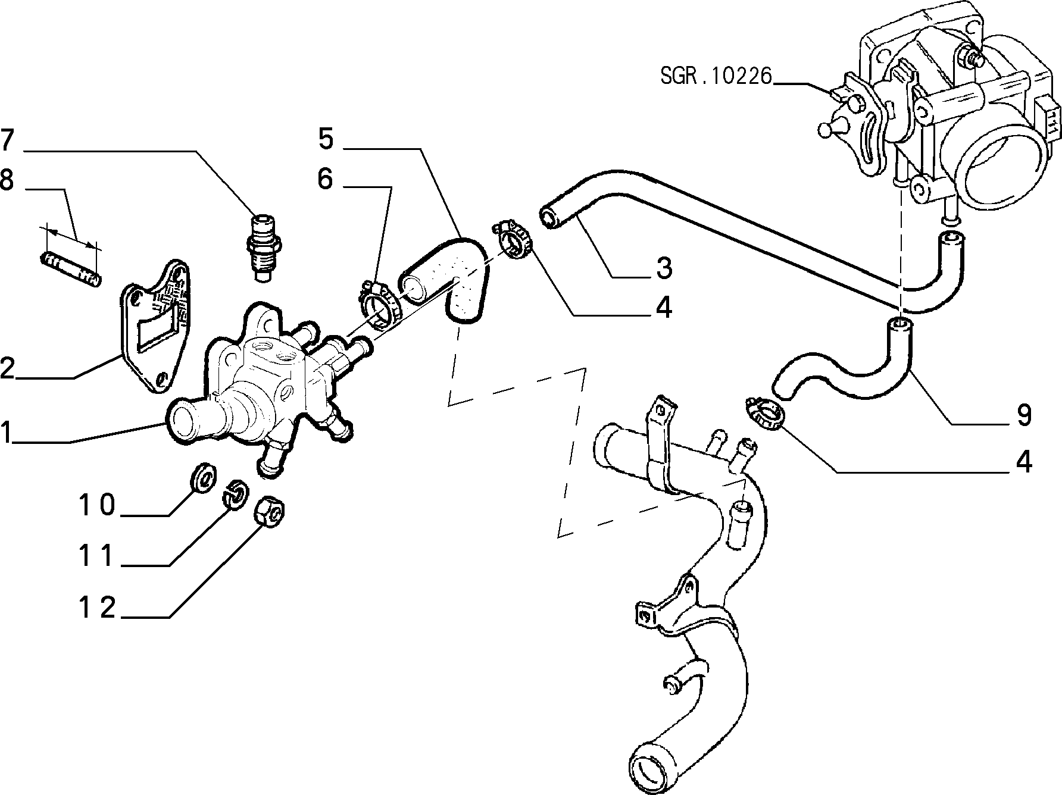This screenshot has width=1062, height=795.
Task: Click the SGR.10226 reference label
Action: click(x=716, y=76)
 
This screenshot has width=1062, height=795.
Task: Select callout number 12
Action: click(x=98, y=608)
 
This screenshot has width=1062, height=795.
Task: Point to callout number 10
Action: click(x=98, y=505)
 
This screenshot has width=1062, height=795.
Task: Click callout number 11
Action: click(x=98, y=556)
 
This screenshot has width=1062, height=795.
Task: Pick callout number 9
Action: click(x=1024, y=415)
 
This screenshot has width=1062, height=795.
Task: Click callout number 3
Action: click(x=664, y=268)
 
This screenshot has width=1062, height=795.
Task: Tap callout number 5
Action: click(x=326, y=138)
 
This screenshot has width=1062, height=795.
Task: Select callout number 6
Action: click(x=326, y=178)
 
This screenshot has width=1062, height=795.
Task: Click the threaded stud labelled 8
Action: click(x=70, y=270)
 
